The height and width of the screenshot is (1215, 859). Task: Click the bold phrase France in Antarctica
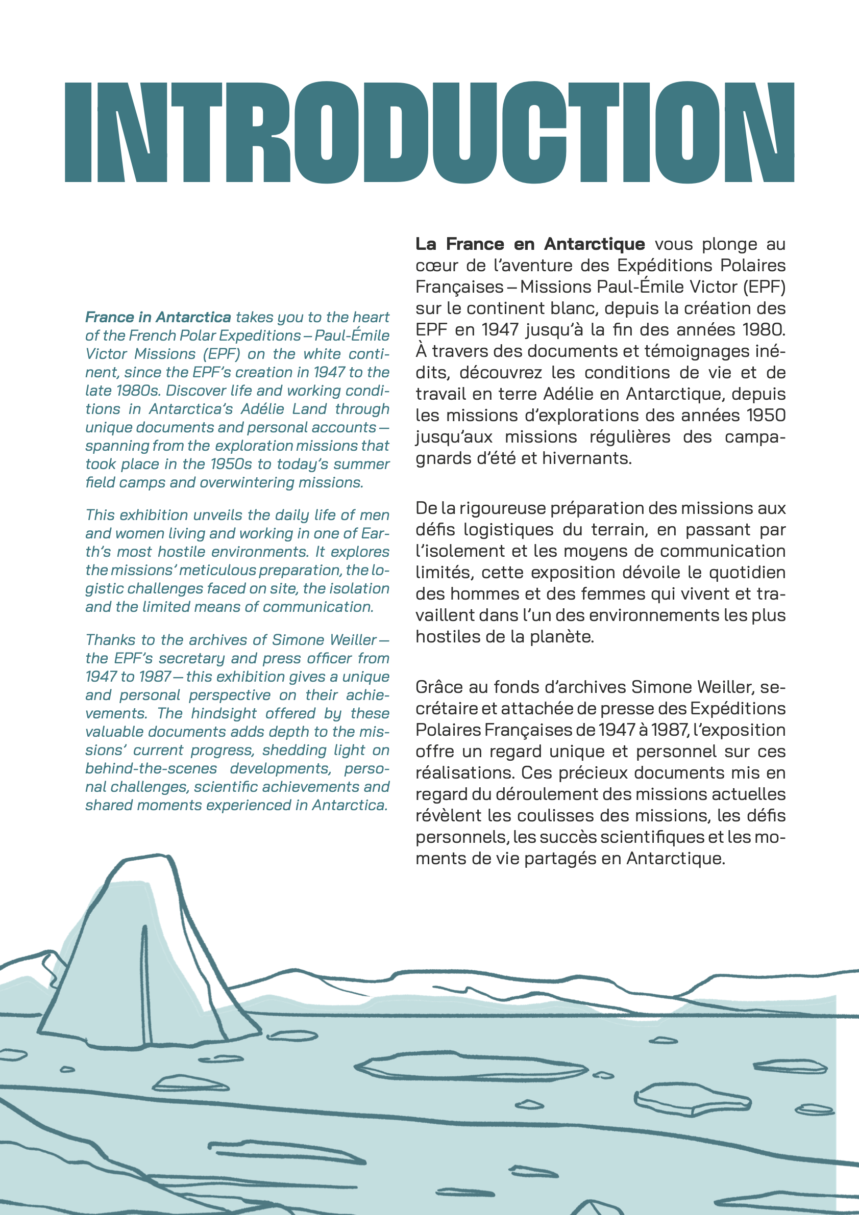coord(158,317)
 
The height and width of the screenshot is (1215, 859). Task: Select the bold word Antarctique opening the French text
coord(594,244)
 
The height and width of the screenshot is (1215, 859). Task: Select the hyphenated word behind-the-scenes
coord(151,768)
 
